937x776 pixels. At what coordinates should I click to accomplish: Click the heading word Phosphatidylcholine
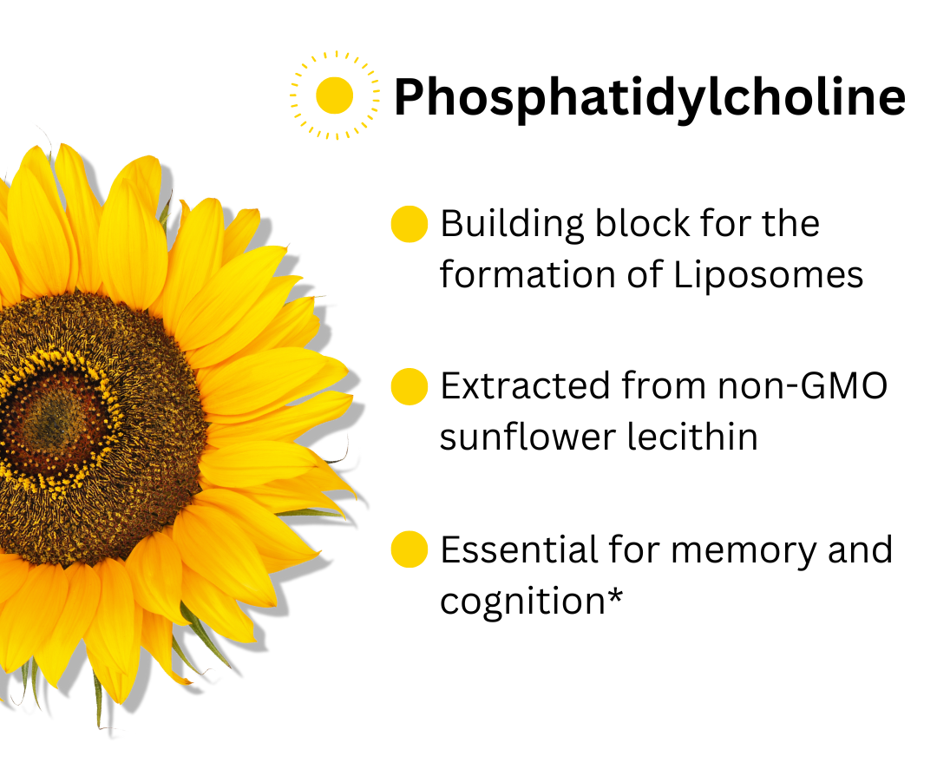tap(650, 97)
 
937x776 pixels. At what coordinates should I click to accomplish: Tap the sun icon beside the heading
tap(335, 95)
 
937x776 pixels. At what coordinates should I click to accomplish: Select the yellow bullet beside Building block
tap(410, 224)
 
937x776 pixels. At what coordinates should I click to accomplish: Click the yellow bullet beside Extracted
tap(410, 387)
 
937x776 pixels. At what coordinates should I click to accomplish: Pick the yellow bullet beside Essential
tap(410, 549)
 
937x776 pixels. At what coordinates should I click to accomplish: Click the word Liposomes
tap(769, 275)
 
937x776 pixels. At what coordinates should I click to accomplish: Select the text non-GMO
tap(803, 385)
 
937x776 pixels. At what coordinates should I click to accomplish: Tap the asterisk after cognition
tap(615, 595)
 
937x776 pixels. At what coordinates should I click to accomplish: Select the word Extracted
tap(525, 385)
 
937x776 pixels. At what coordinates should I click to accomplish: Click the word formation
tap(527, 275)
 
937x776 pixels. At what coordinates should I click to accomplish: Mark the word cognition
tap(523, 602)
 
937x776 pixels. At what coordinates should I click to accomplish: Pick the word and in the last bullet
tap(861, 549)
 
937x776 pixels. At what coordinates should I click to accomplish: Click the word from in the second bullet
tap(664, 385)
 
